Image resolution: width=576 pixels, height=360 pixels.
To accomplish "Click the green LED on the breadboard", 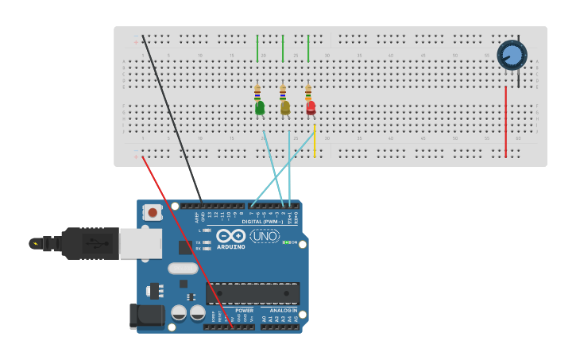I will point(260,108).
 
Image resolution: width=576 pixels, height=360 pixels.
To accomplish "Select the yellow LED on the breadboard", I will point(285,108).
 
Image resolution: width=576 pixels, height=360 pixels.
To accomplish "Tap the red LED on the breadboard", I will point(311,107).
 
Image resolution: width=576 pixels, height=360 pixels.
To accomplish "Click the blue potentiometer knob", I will point(512,55).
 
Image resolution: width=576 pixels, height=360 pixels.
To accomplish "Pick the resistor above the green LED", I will point(257,92).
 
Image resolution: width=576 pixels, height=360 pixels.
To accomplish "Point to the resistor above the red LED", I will point(308,92).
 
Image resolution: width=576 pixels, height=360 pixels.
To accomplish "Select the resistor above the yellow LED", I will point(283,92).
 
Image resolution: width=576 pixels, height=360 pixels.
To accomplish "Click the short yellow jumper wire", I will point(315,141).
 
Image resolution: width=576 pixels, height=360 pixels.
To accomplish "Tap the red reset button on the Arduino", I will point(152,213).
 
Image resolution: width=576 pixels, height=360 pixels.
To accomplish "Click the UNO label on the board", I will point(265,236).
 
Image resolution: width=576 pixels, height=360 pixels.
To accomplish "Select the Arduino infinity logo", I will point(230,236).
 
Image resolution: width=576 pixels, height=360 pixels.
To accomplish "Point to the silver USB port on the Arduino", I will point(141,244).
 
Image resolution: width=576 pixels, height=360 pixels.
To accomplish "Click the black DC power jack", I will point(146,316).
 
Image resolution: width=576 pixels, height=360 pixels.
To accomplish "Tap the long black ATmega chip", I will point(253,293).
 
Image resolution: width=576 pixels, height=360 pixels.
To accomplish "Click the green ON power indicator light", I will point(287,242).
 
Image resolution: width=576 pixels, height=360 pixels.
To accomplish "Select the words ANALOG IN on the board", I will point(280,311).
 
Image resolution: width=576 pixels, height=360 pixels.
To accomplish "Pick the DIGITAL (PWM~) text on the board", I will point(261,222).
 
